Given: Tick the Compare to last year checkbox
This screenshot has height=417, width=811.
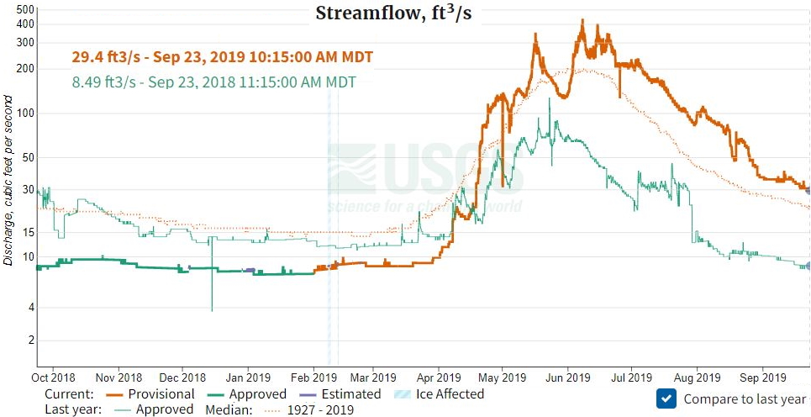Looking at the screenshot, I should point(666,399).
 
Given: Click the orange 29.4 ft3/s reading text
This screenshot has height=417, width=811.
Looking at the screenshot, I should point(222,57).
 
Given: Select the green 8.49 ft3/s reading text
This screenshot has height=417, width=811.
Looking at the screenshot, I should point(213,82).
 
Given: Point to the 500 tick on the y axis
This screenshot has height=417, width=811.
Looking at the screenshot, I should point(24,9).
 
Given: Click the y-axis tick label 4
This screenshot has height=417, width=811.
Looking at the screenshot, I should point(29,308).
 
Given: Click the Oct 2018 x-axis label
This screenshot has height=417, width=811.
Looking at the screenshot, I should point(53,377).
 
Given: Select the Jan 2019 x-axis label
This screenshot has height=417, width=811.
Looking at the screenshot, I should point(248,377).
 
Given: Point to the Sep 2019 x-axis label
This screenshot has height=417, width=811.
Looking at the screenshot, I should point(761,377).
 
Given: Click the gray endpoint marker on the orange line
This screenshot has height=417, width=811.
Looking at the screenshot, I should point(808,187).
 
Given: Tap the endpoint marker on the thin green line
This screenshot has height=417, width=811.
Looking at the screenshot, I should point(808,266).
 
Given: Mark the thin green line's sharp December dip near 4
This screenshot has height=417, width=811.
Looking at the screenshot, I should point(212,309).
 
